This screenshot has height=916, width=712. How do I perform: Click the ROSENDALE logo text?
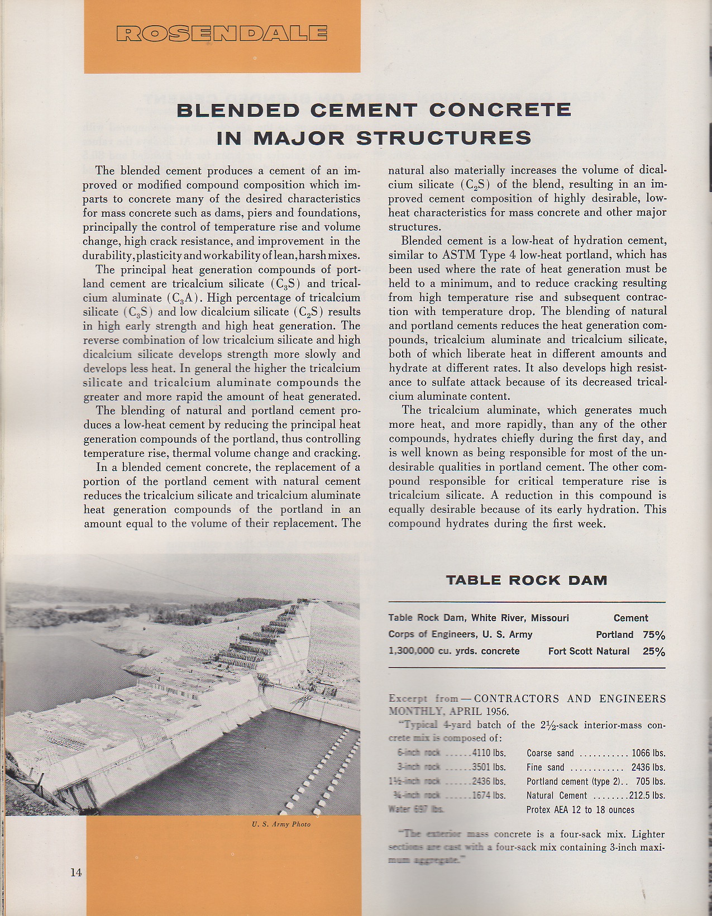point(222,34)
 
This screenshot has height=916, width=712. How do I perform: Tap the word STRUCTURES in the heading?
point(443,137)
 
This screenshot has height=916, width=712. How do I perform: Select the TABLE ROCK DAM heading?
point(526,580)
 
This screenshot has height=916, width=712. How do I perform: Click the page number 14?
point(76,873)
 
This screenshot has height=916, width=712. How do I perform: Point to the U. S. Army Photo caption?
point(281,824)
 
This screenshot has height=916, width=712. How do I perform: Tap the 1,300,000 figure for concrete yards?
point(411,651)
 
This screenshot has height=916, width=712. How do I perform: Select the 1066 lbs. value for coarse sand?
point(648,753)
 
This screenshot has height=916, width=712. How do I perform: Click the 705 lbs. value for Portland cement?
point(652,781)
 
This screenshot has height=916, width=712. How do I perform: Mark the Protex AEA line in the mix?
point(580,810)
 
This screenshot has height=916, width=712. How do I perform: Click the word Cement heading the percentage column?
point(630,618)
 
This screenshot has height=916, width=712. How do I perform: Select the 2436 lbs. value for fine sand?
point(648,767)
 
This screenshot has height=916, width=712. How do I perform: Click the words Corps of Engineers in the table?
point(432,634)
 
